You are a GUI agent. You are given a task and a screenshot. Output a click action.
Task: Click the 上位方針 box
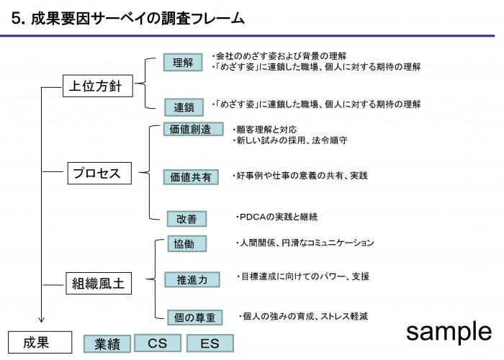pyautogui.click(x=98, y=86)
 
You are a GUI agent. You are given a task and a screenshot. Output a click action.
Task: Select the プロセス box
pyautogui.click(x=99, y=174)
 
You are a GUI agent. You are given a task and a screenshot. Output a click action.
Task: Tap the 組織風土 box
pyautogui.click(x=99, y=283)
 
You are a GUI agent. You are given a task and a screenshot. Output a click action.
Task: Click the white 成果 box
pyautogui.click(x=40, y=342)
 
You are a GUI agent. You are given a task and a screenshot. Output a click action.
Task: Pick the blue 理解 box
pyautogui.click(x=183, y=63)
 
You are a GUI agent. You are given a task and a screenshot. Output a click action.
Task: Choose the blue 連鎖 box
pyautogui.click(x=184, y=107)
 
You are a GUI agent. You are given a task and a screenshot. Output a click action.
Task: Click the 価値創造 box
pyautogui.click(x=193, y=129)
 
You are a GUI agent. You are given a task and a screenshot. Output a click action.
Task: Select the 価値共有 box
pyautogui.click(x=191, y=177)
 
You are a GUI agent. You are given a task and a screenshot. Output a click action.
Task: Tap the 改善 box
pyautogui.click(x=186, y=219)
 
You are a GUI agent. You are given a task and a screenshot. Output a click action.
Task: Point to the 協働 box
pyautogui.click(x=186, y=243)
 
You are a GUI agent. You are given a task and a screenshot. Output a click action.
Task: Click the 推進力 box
pyautogui.click(x=192, y=279)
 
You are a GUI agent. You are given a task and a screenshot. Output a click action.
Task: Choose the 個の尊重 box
pyautogui.click(x=195, y=318)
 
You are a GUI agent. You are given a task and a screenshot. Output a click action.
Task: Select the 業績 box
pyautogui.click(x=107, y=344)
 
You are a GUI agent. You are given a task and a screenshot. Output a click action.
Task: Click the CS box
pyautogui.click(x=158, y=343)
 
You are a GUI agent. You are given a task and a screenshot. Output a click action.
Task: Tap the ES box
pyautogui.click(x=210, y=343)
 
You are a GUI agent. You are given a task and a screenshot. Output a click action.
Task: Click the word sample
pyautogui.click(x=449, y=332)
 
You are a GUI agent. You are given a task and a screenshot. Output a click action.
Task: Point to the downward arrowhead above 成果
pyautogui.click(x=41, y=320)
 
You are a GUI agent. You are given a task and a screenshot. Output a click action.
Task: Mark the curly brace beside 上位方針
pyautogui.click(x=145, y=84)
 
